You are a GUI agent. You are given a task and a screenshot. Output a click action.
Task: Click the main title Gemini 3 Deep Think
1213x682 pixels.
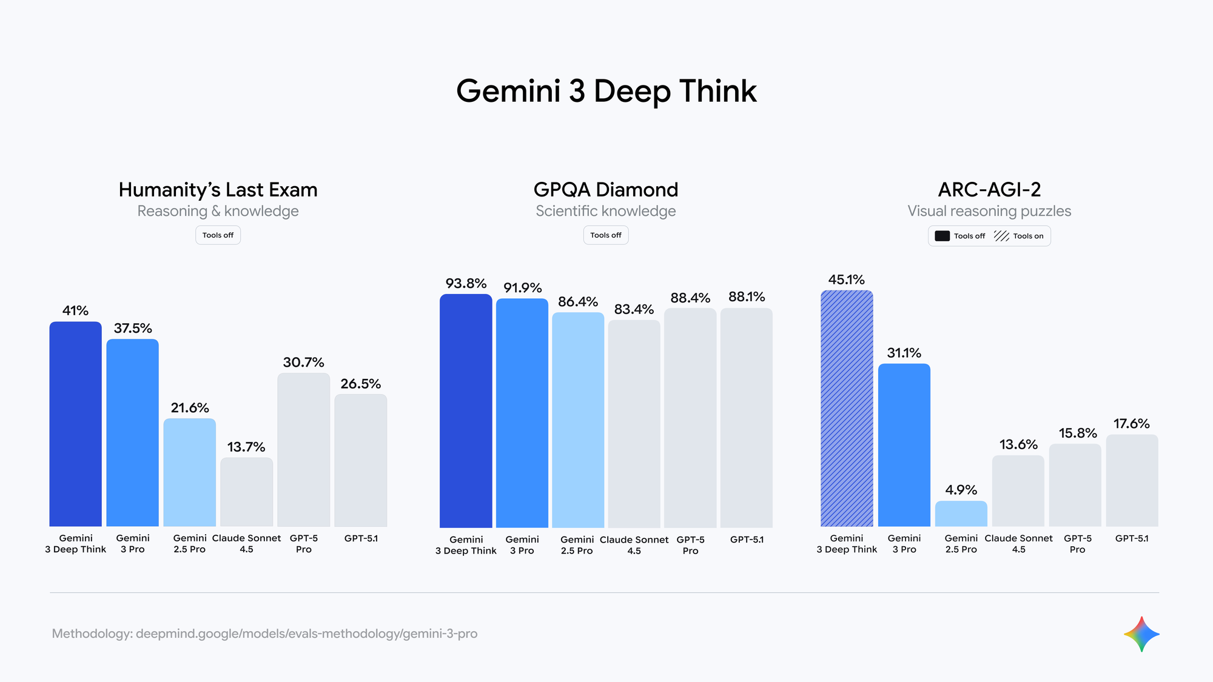[x=606, y=92]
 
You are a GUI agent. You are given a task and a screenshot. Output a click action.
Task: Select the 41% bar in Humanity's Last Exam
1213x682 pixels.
[x=75, y=424]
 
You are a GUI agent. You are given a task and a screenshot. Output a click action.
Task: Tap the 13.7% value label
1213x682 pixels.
[x=246, y=447]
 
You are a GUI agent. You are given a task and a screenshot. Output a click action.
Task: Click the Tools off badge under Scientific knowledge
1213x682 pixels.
[x=606, y=235]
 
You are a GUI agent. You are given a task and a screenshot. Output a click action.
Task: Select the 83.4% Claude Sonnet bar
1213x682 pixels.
[x=634, y=424]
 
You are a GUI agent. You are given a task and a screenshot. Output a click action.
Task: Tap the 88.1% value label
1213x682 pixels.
[x=747, y=297]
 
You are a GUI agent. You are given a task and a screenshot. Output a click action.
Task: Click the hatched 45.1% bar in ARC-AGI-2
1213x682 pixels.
[x=847, y=409]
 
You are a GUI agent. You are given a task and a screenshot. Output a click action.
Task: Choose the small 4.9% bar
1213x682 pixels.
[x=961, y=513]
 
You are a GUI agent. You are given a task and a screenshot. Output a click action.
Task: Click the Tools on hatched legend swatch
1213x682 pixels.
[x=1001, y=236]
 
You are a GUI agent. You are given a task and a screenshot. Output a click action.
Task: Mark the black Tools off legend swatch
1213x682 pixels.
[x=942, y=236]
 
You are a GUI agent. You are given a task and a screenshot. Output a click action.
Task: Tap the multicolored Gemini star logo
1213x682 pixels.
[x=1141, y=634]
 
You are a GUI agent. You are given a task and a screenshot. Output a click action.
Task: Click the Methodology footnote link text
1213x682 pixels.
[x=264, y=634]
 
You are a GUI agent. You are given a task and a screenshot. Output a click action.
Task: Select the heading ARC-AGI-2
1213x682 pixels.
[x=989, y=190]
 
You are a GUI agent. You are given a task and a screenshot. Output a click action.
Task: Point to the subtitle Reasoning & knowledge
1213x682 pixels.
[x=218, y=211]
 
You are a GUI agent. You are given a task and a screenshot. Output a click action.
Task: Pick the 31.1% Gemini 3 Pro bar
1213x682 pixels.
[x=904, y=445]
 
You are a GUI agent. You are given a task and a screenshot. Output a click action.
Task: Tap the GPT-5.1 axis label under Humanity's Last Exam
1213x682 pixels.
[x=361, y=538]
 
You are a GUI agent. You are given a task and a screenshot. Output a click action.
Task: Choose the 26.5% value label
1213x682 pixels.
[x=361, y=384]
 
